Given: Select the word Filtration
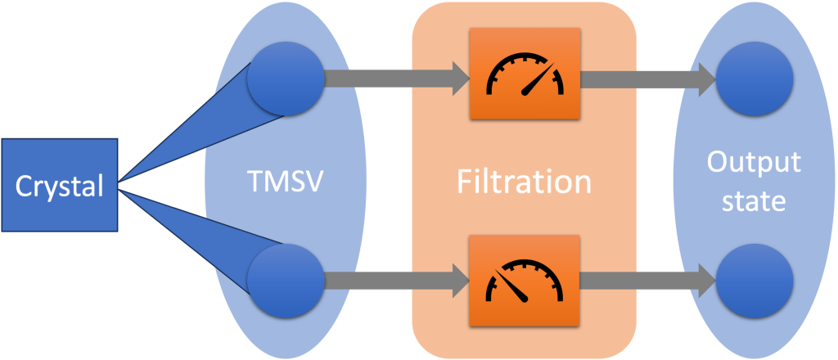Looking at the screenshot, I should pyautogui.click(x=524, y=182).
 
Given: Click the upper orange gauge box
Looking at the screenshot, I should pyautogui.click(x=524, y=75).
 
